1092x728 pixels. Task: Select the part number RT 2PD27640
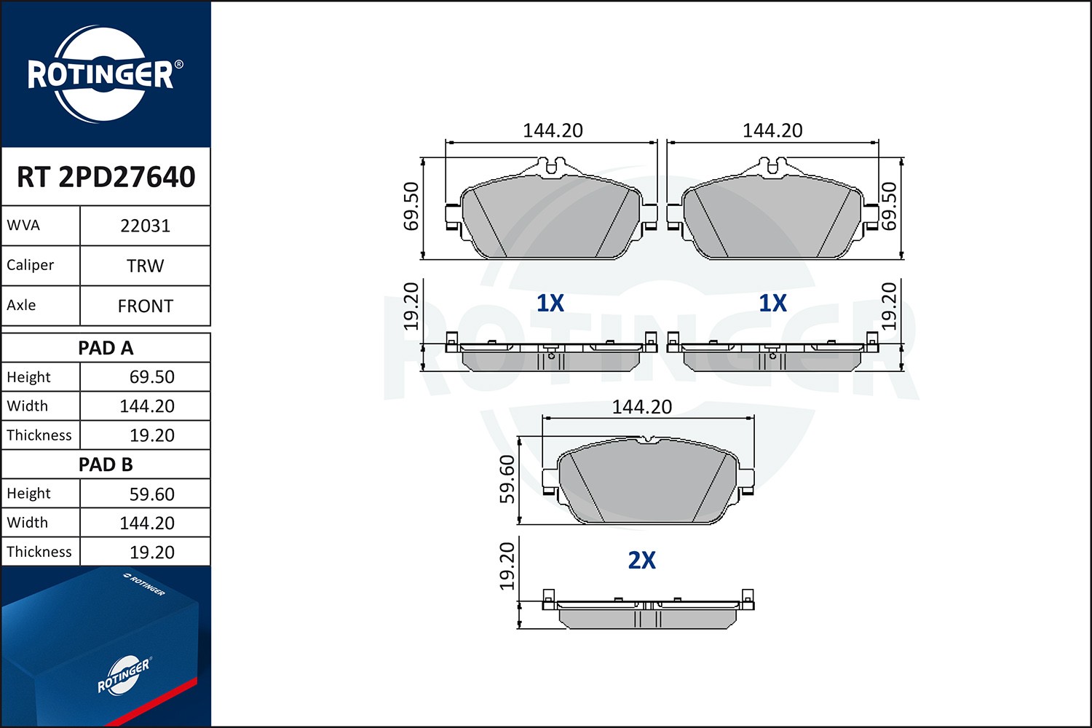tap(106, 177)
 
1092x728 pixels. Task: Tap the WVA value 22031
tap(145, 226)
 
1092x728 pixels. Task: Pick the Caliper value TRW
tap(145, 266)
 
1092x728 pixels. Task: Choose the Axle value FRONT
tap(145, 306)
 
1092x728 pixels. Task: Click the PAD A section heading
tap(106, 348)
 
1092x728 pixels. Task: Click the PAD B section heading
tap(106, 464)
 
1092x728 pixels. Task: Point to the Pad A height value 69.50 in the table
tap(151, 377)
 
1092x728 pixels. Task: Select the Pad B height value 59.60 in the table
tap(151, 494)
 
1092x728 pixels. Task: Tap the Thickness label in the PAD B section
tap(39, 552)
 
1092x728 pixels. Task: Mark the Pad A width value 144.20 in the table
tap(147, 406)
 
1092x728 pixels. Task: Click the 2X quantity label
tap(641, 560)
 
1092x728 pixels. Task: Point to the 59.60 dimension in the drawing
tap(507, 479)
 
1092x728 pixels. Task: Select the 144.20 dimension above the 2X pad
tap(641, 407)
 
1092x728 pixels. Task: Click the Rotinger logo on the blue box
tap(123, 676)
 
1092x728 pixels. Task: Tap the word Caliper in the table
tap(31, 265)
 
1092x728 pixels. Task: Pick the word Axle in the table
tap(21, 305)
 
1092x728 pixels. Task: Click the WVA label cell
tap(24, 225)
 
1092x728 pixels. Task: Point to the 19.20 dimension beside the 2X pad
tap(507, 566)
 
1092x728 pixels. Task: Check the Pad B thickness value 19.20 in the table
tap(151, 553)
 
